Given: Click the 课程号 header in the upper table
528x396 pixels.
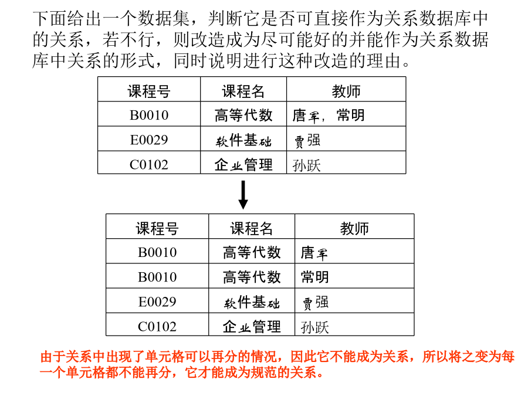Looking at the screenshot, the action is coord(149,92).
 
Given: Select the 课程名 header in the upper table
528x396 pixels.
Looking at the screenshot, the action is coord(243,92).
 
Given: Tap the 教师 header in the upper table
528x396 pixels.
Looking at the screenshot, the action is coord(346,92).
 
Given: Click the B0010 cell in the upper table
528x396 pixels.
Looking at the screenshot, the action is coord(149,115).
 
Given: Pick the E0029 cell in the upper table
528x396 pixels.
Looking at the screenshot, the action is coord(149,140).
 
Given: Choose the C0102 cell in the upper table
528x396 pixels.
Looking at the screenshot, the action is coord(149,165).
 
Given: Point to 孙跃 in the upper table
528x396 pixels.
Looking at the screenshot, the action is coord(306,165).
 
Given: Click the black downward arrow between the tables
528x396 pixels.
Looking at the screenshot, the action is coord(243,195).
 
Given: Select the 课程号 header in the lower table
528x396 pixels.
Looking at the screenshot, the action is coord(157,228).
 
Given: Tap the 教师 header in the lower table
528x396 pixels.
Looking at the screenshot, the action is coord(354,228).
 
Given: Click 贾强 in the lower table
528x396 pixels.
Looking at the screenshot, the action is coord(314,302).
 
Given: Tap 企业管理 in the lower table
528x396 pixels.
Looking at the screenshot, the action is coord(252,327).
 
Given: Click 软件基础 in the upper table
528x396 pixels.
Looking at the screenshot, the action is coord(243,140).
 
